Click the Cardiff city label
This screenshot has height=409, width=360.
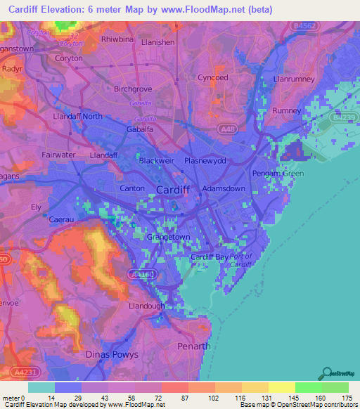tap(172, 190)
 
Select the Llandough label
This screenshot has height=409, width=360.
tap(146, 307)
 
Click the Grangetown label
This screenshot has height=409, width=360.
tap(165, 238)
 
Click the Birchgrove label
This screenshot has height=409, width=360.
tap(132, 90)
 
